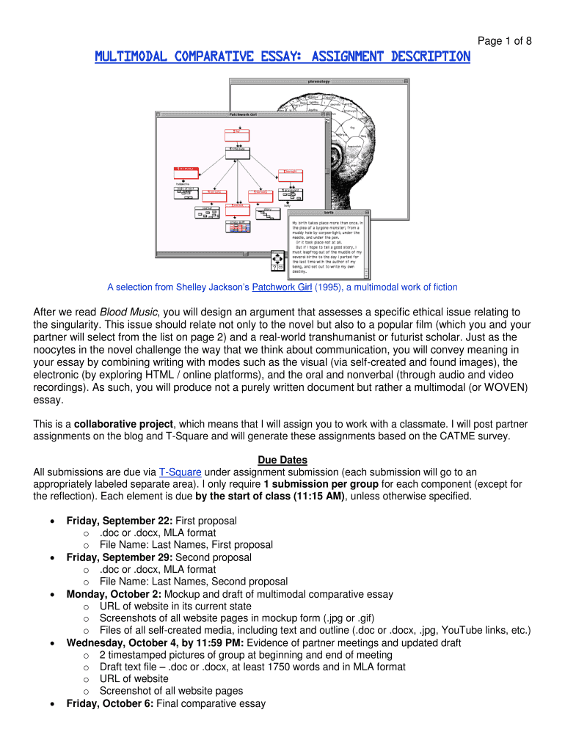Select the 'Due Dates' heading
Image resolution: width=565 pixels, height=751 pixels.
coord(282,460)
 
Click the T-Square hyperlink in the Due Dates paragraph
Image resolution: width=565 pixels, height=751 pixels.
coord(181,472)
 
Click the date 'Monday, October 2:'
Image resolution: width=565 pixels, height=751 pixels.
coord(114,594)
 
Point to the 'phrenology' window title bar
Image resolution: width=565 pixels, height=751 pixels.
coord(318,81)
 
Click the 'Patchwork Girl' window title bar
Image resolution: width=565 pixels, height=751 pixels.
coord(243,114)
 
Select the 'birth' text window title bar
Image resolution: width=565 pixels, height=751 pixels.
coord(328,213)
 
